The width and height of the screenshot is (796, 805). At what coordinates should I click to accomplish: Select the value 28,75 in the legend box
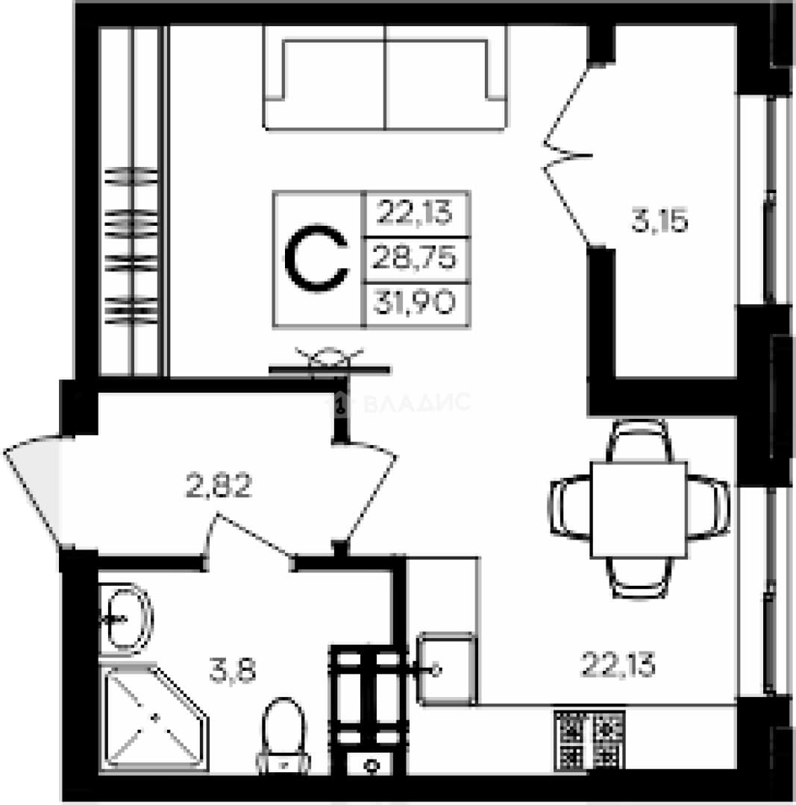[x=414, y=256]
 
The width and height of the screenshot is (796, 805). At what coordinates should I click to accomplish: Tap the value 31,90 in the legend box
[x=414, y=302]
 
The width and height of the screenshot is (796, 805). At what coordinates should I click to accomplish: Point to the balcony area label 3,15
[x=659, y=222]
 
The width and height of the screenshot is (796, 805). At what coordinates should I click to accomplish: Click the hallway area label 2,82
[x=219, y=486]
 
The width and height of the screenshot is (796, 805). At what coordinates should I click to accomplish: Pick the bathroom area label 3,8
[x=233, y=671]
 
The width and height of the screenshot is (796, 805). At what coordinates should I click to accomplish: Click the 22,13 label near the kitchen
[x=618, y=665]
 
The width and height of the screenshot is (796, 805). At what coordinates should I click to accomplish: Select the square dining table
[x=639, y=510]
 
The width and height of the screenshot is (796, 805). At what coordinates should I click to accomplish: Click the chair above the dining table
[x=639, y=440]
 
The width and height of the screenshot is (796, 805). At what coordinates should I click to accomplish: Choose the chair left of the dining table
[x=571, y=508]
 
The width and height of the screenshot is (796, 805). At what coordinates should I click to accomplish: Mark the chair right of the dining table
[x=709, y=508]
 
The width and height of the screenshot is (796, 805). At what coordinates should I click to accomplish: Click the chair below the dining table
[x=639, y=578]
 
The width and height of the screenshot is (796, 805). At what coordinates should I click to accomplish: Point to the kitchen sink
[x=447, y=669]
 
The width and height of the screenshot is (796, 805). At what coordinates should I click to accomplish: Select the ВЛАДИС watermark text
[x=417, y=402]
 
